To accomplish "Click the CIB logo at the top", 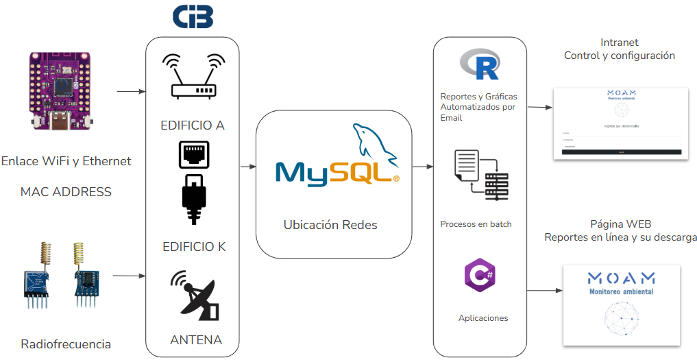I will point(193,17).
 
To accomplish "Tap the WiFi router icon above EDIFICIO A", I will point(193,77).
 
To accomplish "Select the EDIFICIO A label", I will point(193,125).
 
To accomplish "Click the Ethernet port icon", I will point(193,155).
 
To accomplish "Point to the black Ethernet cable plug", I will point(193,199).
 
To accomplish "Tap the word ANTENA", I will point(196,339).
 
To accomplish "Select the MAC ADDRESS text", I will point(66,191).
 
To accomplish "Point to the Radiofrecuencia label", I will point(66,344).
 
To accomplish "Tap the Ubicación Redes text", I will point(330,225).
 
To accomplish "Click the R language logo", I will point(478,64).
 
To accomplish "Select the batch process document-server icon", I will point(480,175).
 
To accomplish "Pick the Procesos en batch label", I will point(476,224).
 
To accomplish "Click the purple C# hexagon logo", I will point(480,276).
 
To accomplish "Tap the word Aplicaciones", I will point(483,318).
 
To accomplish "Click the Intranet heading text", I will point(619,43).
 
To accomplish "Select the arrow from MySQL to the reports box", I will point(421,167).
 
